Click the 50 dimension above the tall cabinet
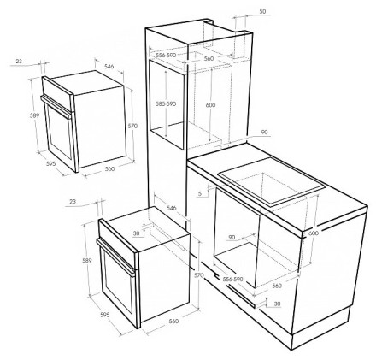tap(263, 11)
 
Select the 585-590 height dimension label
tap(166, 103)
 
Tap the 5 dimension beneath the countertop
tap(200, 193)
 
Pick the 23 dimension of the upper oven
tap(19, 61)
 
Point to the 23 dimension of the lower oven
tap(73, 201)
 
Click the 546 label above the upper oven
tap(109, 67)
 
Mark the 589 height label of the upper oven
tap(34, 115)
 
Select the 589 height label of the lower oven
tap(87, 260)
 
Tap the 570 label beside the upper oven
tap(132, 126)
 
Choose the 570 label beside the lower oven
tap(199, 275)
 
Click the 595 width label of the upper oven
tap(51, 163)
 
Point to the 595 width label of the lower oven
tap(105, 315)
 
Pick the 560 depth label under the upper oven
tap(109, 168)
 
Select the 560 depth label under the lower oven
tap(173, 322)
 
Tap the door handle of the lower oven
tap(116, 257)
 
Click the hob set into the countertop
tap(272, 182)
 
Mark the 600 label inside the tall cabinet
tap(210, 105)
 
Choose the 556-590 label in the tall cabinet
tap(166, 55)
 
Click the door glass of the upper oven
tap(59, 132)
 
